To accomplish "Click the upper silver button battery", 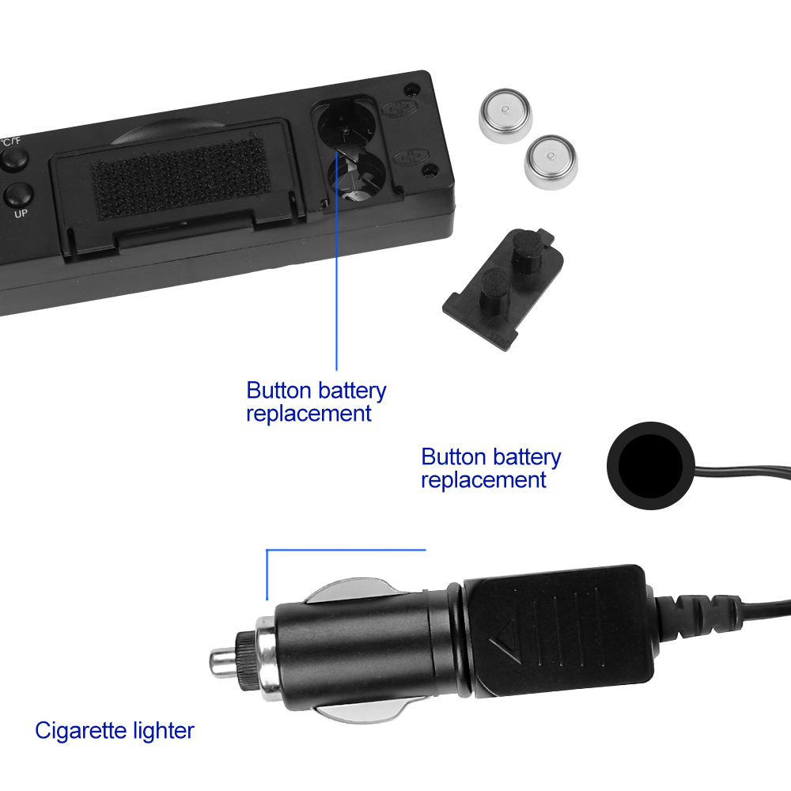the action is point(505,115).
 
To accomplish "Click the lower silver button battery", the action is point(551,161).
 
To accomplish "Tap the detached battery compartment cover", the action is point(503,289).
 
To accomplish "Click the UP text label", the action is point(21,214).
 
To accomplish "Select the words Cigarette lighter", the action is point(115,730).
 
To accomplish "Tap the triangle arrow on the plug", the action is point(505,642).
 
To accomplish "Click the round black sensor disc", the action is point(651,466).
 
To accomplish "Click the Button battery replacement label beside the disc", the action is point(491,468).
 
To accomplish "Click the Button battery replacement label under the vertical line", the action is point(316,402).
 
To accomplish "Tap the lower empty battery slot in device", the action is point(356,176).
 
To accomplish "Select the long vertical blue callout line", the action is point(336,259).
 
